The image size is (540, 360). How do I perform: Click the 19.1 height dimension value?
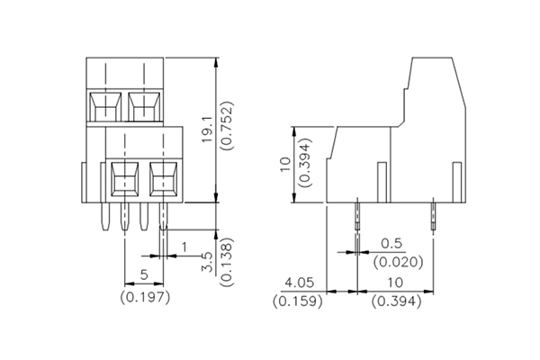click(206, 131)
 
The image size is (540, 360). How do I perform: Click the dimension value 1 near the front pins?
click(184, 247)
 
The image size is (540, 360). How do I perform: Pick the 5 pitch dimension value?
click(144, 275)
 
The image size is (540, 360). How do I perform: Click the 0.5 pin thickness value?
click(391, 244)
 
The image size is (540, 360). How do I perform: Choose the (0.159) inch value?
click(297, 301)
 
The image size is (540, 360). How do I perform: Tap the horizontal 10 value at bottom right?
click(397, 283)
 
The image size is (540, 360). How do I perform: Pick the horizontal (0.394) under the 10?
click(397, 301)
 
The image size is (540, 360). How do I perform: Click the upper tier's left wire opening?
click(106, 106)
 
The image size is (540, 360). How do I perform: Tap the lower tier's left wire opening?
click(123, 180)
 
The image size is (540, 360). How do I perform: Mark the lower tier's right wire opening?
click(163, 180)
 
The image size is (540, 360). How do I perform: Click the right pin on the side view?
click(433, 218)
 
